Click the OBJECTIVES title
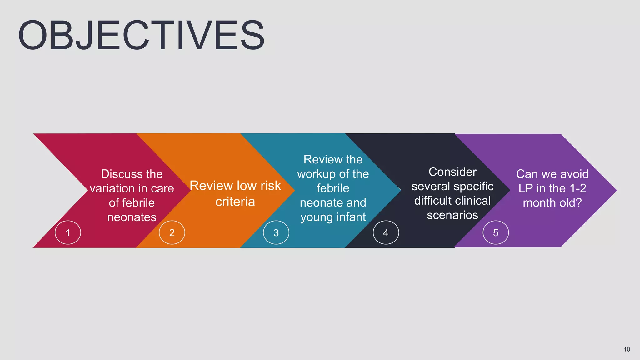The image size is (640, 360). [x=141, y=35]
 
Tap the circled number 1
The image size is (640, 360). [x=68, y=232]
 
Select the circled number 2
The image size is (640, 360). [x=172, y=232]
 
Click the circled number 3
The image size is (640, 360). [x=276, y=232]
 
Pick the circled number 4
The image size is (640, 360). [x=386, y=232]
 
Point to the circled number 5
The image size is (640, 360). [x=496, y=232]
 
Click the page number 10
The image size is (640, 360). [x=627, y=349]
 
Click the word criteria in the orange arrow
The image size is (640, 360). [x=235, y=202]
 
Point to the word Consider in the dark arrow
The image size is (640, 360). [x=452, y=172]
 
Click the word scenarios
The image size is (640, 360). [x=452, y=215]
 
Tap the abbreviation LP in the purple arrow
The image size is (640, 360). [x=526, y=188]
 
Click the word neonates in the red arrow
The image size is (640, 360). [x=132, y=217]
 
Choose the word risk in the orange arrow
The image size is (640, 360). [x=270, y=186]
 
